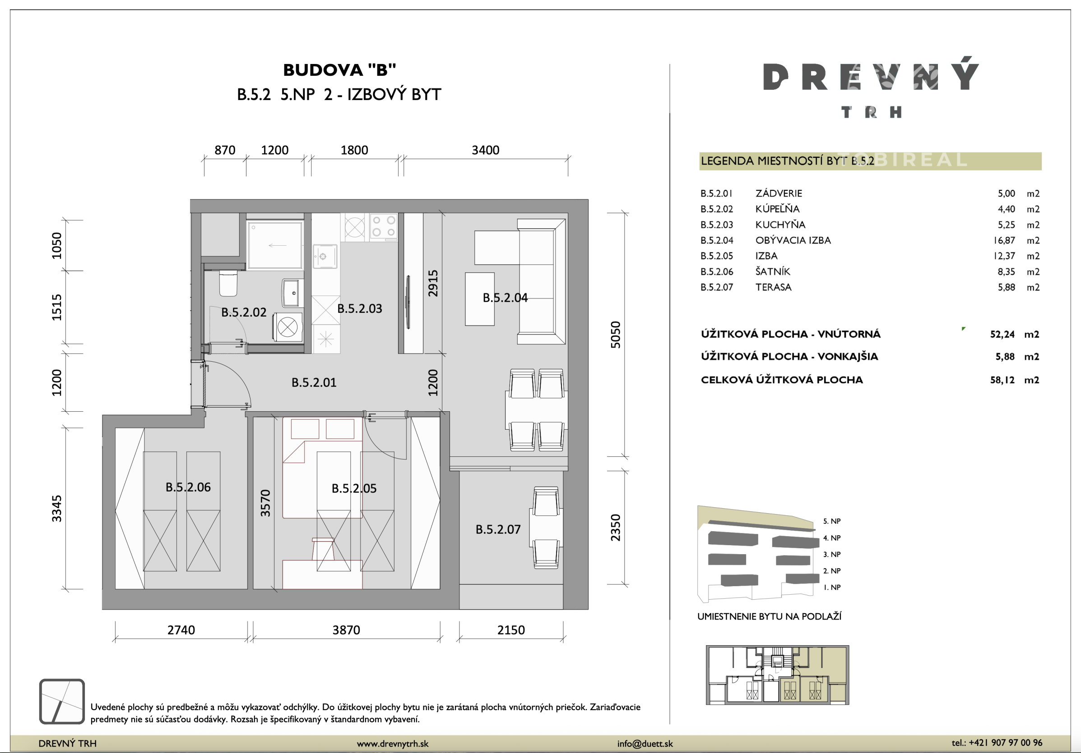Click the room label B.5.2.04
coord(505,298)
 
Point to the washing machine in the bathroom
coord(287,326)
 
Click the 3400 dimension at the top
coord(485,150)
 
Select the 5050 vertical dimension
coord(615,335)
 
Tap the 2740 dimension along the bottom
coord(181,630)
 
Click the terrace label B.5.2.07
coord(498,530)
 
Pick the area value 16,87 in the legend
coord(1004,240)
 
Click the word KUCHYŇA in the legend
coord(780,225)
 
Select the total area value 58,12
coord(1002,380)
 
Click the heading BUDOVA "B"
coord(339,70)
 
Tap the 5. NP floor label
coord(832,521)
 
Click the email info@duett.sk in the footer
coord(645,744)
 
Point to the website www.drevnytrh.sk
coord(393,744)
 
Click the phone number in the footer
coord(997,743)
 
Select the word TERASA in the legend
coord(774,287)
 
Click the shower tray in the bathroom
coord(275,245)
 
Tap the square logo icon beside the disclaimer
coord(62,701)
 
